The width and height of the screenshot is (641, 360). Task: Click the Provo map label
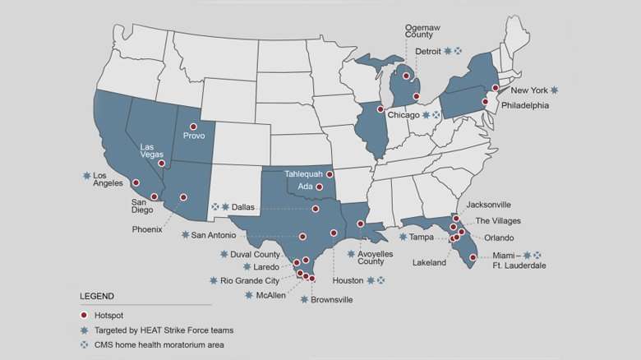pos(194,136)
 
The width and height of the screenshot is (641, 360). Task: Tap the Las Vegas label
pos(152,150)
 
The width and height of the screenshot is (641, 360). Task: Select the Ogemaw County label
pos(422,31)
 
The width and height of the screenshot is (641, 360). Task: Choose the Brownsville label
pos(331,300)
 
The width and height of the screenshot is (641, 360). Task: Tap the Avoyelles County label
pos(376,257)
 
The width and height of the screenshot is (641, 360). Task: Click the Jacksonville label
pos(488,205)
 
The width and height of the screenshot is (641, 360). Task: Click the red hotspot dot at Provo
pos(193,127)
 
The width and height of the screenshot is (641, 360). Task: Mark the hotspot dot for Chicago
pos(380,109)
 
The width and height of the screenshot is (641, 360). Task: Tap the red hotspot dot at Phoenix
pos(183,197)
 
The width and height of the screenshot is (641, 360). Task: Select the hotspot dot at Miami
pos(473,258)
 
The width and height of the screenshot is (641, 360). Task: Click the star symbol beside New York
pos(555,90)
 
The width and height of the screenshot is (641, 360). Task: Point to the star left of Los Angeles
pos(86,175)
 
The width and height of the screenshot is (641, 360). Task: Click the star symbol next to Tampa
pos(403,237)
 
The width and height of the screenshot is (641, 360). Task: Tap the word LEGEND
pos(97,296)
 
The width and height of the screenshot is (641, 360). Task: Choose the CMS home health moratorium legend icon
pos(84,345)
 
